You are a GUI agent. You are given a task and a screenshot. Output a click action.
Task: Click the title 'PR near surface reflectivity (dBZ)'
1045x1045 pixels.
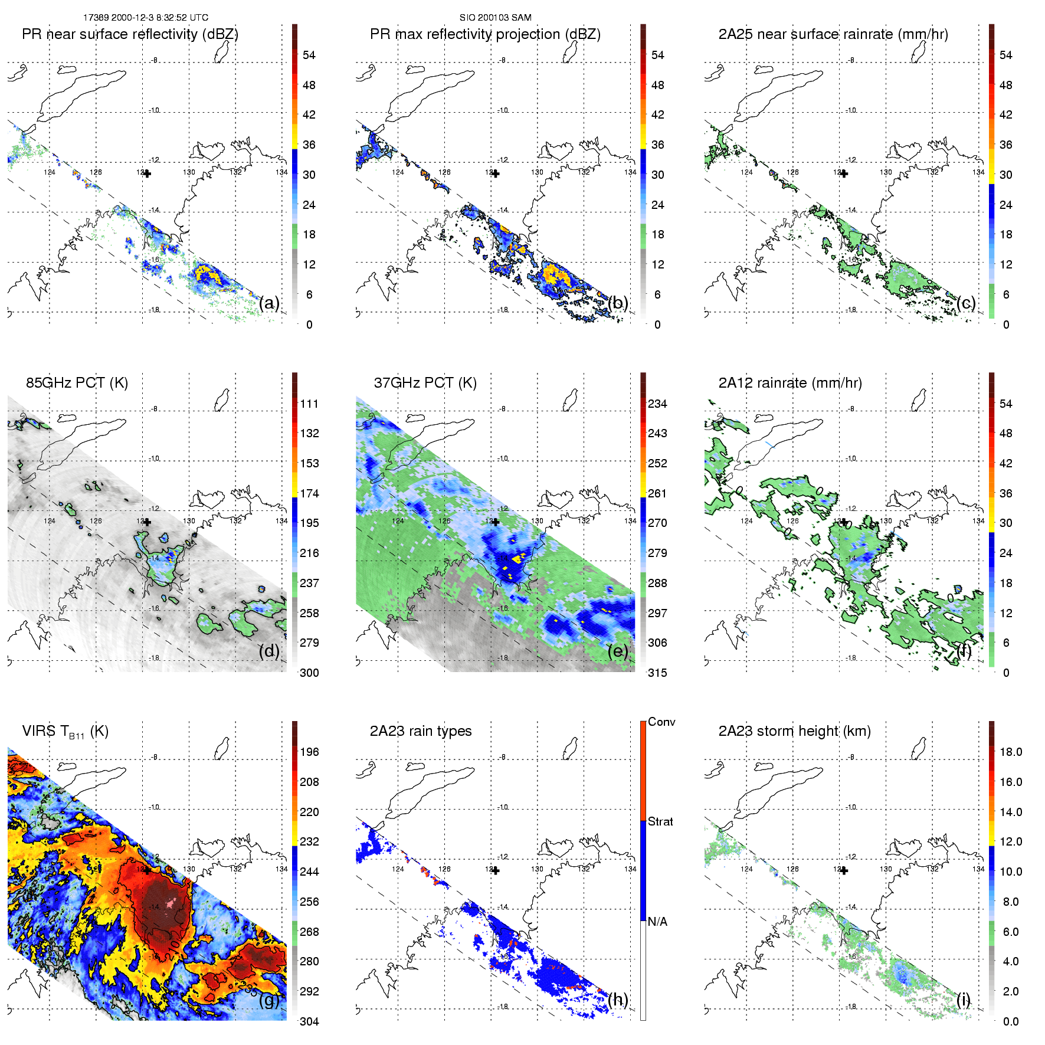click(x=130, y=34)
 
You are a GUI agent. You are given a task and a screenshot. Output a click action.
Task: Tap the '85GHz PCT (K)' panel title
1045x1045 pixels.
click(x=77, y=382)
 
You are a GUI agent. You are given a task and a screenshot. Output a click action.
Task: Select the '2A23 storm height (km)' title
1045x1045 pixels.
click(x=794, y=731)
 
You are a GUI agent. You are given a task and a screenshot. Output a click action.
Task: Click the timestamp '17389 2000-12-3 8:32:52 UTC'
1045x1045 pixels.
click(x=146, y=18)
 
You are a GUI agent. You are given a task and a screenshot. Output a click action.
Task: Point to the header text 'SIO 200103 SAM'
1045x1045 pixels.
click(x=495, y=18)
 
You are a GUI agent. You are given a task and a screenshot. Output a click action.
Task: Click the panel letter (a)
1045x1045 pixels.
click(x=269, y=303)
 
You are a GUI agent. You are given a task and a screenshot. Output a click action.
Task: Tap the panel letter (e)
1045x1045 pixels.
click(x=617, y=651)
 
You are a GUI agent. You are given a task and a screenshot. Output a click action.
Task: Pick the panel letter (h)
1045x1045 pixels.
click(x=617, y=1000)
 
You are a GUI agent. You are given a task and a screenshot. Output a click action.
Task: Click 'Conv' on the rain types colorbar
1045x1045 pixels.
click(x=661, y=722)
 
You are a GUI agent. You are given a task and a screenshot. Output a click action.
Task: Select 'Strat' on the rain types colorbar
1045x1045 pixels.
click(x=660, y=821)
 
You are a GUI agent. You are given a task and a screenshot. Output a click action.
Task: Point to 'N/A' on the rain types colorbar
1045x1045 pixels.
click(x=657, y=922)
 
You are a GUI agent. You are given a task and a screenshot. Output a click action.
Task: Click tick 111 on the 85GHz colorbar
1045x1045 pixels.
click(x=309, y=404)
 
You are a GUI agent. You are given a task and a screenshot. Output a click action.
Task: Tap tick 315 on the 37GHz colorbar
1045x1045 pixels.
click(x=657, y=673)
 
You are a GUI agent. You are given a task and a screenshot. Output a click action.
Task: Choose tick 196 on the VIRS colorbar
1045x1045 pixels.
click(x=309, y=752)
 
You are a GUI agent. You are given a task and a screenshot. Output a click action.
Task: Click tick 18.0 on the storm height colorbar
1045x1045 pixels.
click(x=1011, y=752)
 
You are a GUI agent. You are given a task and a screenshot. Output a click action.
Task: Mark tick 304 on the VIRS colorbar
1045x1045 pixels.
click(x=309, y=1021)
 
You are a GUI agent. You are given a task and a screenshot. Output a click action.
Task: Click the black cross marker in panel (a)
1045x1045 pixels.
click(x=147, y=174)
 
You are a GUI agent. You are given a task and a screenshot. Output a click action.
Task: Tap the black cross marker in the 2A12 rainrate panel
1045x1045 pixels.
click(x=844, y=522)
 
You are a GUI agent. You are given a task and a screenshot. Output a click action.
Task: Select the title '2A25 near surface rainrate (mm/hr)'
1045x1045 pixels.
click(x=833, y=34)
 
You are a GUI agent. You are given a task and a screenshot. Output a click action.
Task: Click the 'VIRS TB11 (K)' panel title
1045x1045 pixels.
click(x=65, y=732)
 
